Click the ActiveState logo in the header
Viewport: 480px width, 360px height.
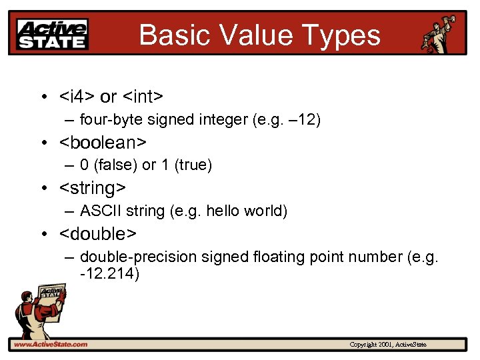52,33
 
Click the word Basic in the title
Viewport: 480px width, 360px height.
170,35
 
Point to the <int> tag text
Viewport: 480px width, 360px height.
142,97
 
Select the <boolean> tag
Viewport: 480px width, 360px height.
103,143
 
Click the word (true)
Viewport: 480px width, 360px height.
193,165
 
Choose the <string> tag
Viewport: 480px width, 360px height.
93,188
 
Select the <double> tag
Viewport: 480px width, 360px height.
98,234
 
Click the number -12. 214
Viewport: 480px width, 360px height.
109,273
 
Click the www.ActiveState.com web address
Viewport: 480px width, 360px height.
50,344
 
